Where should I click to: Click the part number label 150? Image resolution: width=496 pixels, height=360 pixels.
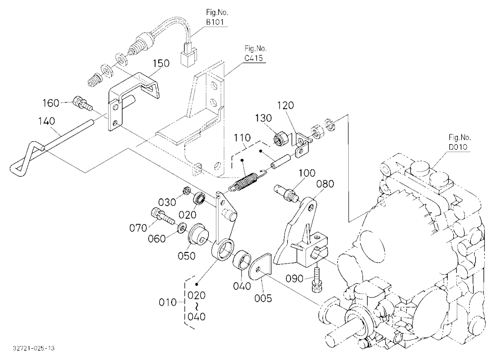(161, 63)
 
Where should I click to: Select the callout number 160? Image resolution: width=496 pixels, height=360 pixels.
(51, 103)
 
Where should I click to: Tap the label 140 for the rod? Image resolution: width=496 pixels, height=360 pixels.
(47, 121)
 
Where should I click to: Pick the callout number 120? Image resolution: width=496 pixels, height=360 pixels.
(286, 105)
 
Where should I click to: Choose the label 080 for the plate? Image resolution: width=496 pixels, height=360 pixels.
(325, 184)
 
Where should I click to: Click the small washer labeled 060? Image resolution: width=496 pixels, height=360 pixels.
(182, 228)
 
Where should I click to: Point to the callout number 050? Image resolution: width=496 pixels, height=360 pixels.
(186, 255)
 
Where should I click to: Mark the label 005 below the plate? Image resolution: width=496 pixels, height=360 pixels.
(263, 298)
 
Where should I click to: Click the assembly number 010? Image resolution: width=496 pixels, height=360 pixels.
(168, 302)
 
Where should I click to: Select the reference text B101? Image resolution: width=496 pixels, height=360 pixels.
(215, 22)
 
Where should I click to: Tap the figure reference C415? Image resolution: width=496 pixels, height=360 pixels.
(253, 58)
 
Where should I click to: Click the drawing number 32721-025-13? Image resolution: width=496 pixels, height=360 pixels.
(34, 348)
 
